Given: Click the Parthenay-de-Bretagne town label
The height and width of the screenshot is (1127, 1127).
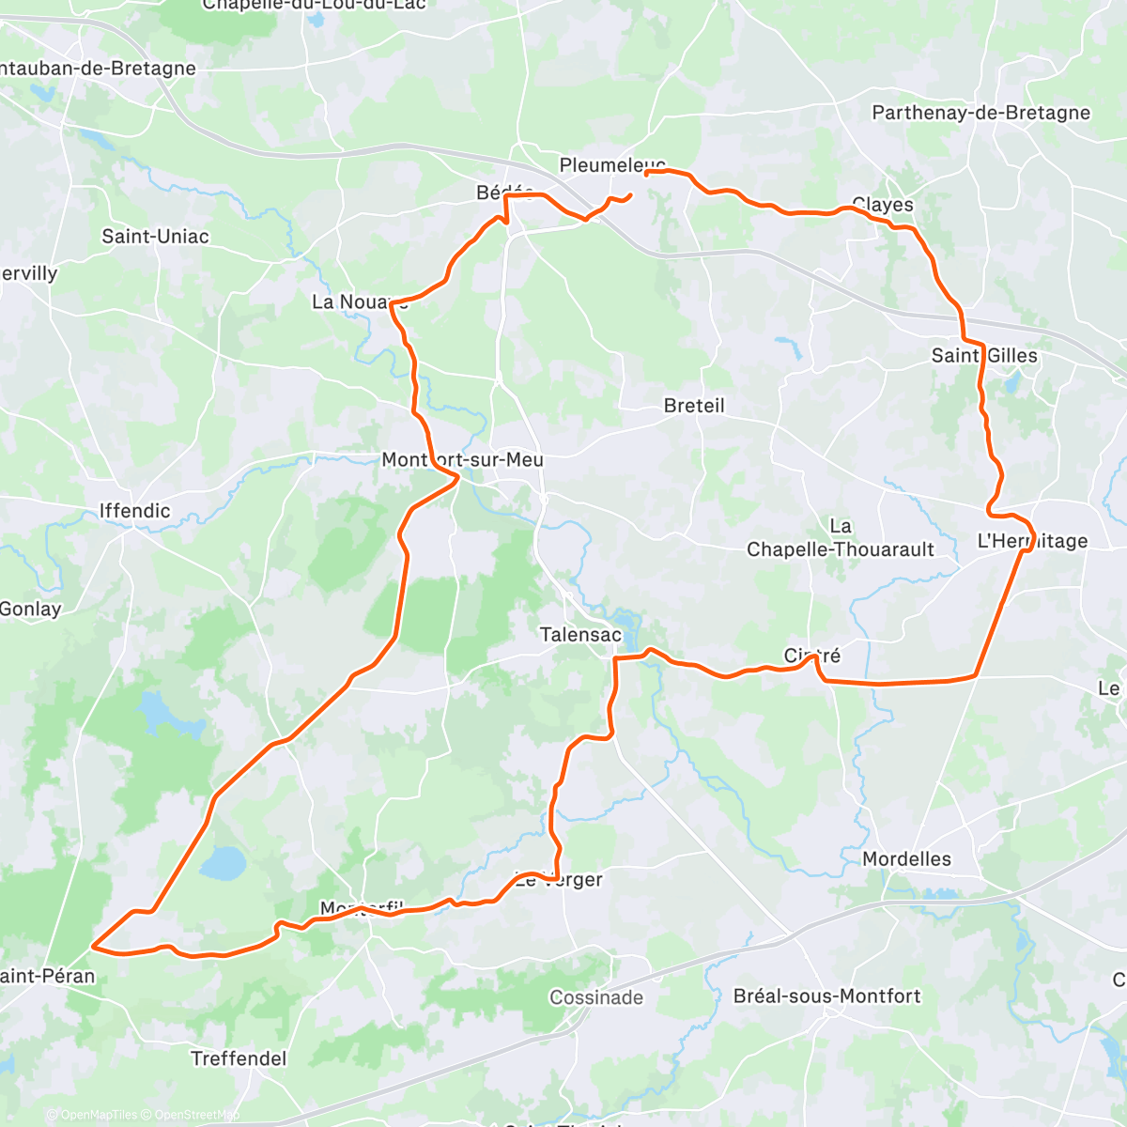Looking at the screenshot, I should click(x=980, y=113).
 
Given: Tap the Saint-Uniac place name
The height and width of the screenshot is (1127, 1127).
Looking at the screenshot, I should click(x=155, y=237).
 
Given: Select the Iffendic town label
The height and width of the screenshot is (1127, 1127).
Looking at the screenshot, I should click(x=135, y=511).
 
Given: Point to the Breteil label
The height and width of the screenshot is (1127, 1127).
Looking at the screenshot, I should click(x=694, y=406).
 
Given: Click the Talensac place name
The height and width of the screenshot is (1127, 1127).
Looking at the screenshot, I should click(x=580, y=635).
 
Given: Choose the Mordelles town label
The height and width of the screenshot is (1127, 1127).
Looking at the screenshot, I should click(x=906, y=859).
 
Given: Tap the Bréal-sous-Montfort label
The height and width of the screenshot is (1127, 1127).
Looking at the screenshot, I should click(x=826, y=996).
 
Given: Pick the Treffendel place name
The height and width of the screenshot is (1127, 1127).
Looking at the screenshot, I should click(x=239, y=1058).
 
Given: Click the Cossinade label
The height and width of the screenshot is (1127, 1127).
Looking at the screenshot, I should click(x=596, y=997).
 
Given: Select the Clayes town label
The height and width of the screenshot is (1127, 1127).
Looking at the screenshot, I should click(x=882, y=205).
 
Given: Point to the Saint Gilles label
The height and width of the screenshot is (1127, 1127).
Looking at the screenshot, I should click(x=984, y=356).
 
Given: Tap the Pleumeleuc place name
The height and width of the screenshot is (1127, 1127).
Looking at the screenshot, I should click(x=612, y=165).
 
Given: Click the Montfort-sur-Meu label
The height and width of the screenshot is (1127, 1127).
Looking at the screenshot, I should click(x=462, y=460).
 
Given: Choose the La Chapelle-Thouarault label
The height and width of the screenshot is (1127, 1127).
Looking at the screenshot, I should click(x=841, y=538).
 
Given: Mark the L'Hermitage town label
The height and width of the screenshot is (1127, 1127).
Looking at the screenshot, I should click(x=1032, y=541).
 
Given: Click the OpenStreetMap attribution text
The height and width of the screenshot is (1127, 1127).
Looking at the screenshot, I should click(x=196, y=1115).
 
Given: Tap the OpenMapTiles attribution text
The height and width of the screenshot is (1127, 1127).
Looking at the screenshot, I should click(x=98, y=1115).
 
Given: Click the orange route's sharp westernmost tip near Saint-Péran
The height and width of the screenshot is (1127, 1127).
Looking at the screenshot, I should click(x=92, y=947).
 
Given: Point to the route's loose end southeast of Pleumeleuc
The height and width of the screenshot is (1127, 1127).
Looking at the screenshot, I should click(x=630, y=194).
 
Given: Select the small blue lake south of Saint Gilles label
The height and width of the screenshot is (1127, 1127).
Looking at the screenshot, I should click(x=1012, y=382).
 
